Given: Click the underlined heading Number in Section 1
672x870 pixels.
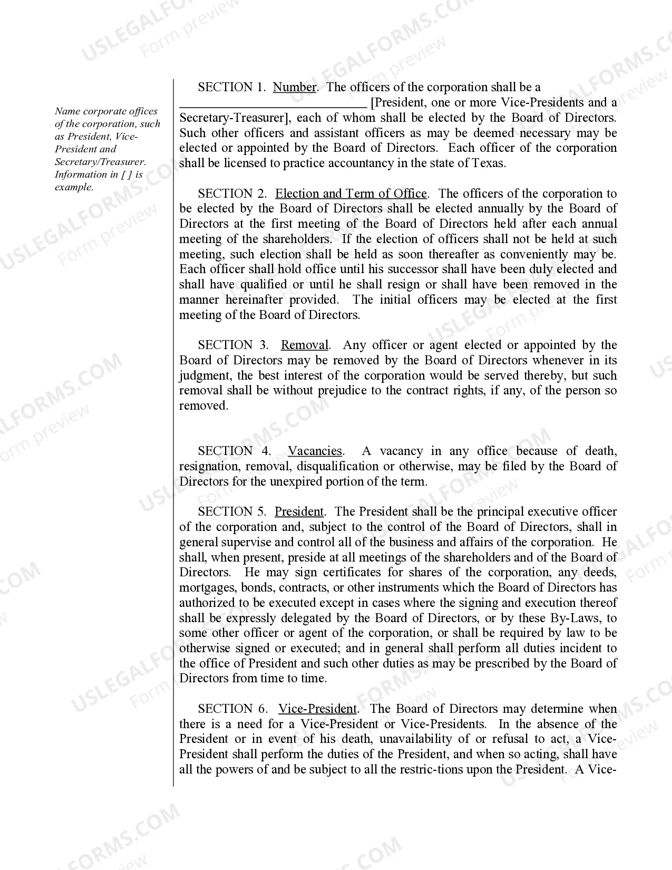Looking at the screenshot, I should point(295,88).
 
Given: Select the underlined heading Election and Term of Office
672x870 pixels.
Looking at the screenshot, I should point(351,194).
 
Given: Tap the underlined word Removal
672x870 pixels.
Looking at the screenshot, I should point(305,345).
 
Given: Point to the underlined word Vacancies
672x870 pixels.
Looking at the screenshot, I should point(315,451).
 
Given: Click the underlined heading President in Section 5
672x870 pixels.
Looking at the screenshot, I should point(299,512).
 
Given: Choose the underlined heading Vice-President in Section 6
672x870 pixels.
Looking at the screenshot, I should point(318,709).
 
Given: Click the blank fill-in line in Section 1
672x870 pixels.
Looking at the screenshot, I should point(272,104).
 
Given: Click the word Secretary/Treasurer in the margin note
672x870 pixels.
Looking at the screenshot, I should point(100,162).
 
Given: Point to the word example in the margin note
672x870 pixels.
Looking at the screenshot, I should point(74,187).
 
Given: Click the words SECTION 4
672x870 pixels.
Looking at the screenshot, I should point(234,451).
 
